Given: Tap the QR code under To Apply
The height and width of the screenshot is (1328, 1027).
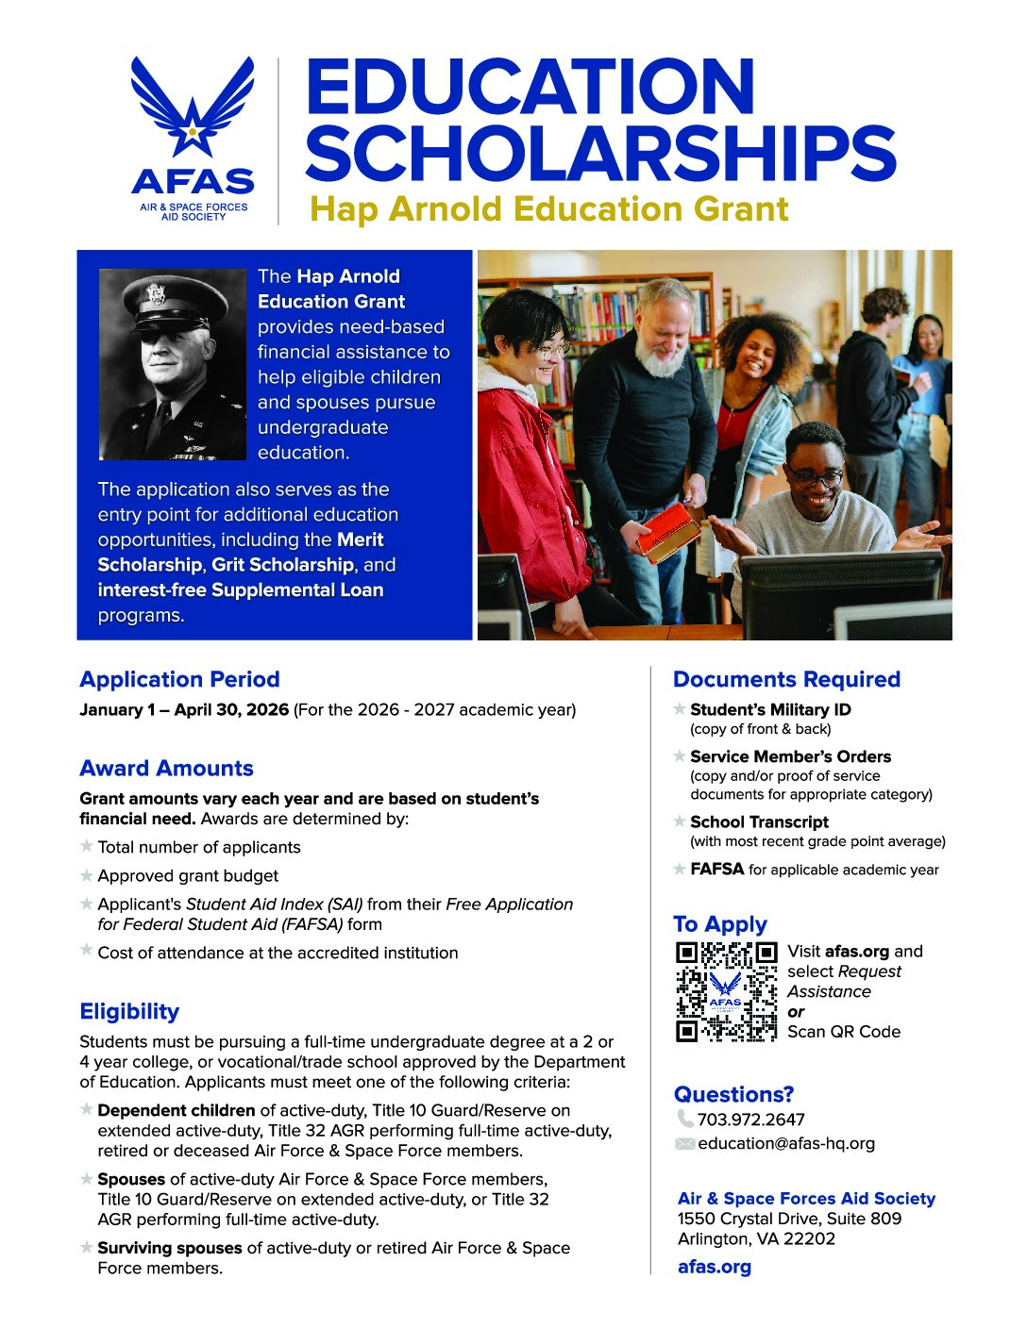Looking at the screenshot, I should click(x=726, y=991).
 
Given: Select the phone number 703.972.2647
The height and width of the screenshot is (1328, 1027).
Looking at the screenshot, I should click(x=750, y=1120).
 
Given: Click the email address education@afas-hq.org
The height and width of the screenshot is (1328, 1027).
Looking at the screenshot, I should click(x=786, y=1143).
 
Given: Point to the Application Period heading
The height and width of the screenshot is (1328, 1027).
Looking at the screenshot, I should click(x=179, y=679).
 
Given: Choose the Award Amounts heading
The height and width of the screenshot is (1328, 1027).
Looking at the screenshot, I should click(x=166, y=768).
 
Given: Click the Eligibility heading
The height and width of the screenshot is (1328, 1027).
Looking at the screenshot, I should click(x=129, y=1011).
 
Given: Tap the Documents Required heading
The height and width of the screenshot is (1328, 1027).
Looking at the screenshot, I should click(x=786, y=679).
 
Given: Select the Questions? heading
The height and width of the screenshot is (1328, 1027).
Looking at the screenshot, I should click(x=733, y=1094).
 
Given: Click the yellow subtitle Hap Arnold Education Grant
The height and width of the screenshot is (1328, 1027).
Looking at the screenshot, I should click(x=548, y=208).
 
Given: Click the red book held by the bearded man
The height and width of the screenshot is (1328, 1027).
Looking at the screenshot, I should click(x=667, y=531).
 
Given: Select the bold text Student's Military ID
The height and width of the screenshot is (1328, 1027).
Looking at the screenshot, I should click(x=770, y=709).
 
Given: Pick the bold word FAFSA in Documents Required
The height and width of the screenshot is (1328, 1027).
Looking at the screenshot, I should click(x=717, y=869).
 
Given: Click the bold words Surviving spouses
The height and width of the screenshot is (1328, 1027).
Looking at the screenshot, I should click(x=170, y=1248).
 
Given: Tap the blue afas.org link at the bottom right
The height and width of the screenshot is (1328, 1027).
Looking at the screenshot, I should click(x=715, y=1267).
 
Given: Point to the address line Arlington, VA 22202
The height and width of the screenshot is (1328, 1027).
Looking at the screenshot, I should click(x=756, y=1238).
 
